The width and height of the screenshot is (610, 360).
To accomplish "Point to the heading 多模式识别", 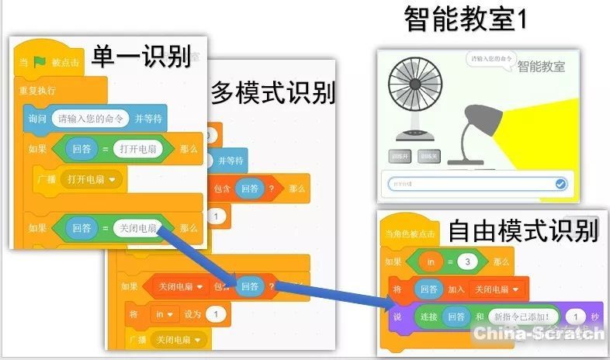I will (273, 93).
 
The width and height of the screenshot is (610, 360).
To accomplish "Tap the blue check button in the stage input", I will (560, 184).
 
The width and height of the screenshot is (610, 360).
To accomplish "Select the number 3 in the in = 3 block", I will (466, 261).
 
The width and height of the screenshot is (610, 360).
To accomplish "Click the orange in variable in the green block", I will (431, 261).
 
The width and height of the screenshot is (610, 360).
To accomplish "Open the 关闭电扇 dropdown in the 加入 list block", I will (497, 289).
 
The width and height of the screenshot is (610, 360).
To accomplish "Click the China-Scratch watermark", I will (539, 334).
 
